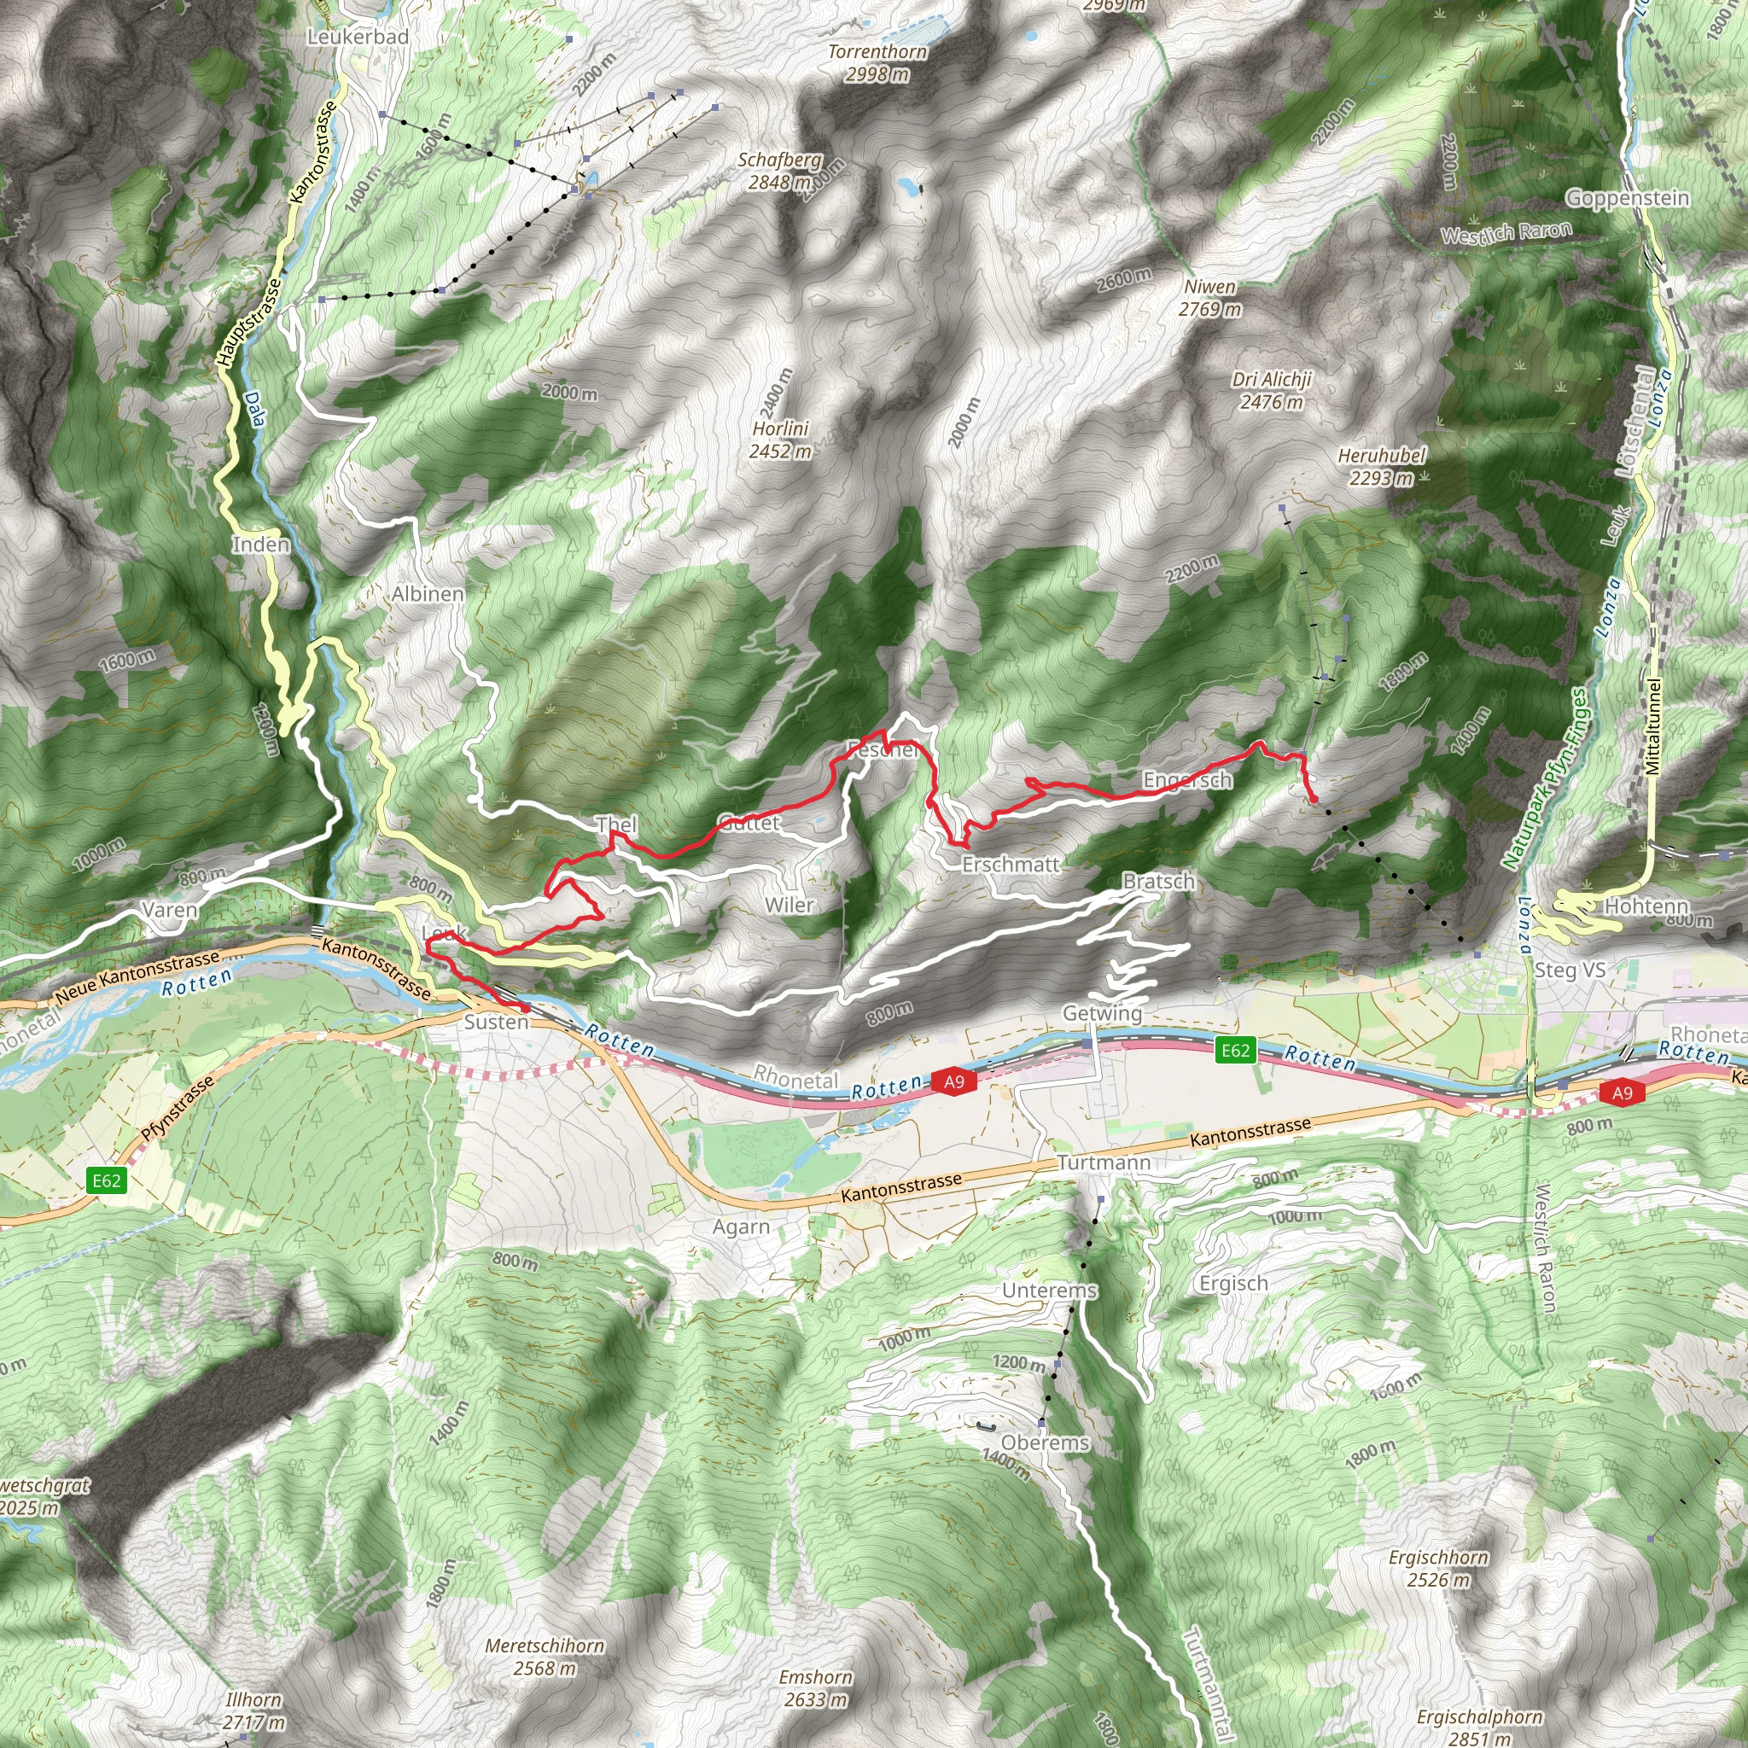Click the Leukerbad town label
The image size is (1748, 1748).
pyautogui.click(x=358, y=37)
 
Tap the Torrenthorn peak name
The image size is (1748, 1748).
pyautogui.click(x=877, y=52)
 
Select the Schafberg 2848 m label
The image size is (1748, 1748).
pyautogui.click(x=779, y=170)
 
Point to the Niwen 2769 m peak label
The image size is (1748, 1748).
pyautogui.click(x=1209, y=298)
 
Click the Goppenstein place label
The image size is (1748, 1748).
pyautogui.click(x=1627, y=198)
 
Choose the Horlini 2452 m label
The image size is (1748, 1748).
pyautogui.click(x=780, y=439)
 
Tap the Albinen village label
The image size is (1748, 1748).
pyautogui.click(x=427, y=594)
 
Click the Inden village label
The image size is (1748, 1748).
pyautogui.click(x=260, y=545)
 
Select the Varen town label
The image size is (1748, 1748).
pyautogui.click(x=169, y=910)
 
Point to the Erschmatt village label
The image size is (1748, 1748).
pyautogui.click(x=1010, y=864)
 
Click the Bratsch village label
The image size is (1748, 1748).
pyautogui.click(x=1158, y=881)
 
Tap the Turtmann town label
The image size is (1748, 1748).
pyautogui.click(x=1104, y=1162)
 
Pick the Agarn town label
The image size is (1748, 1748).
pyautogui.click(x=741, y=1227)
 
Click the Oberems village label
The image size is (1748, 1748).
pyautogui.click(x=1045, y=1442)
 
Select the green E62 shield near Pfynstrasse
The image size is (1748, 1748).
pyautogui.click(x=106, y=1180)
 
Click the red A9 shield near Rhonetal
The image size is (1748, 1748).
pyautogui.click(x=953, y=1081)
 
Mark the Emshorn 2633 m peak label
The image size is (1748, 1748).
pyautogui.click(x=815, y=1688)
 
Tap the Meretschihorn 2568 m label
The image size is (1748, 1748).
pyautogui.click(x=545, y=1657)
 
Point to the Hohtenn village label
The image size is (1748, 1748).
pyautogui.click(x=1646, y=906)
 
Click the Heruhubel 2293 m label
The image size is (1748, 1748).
pyautogui.click(x=1381, y=466)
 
